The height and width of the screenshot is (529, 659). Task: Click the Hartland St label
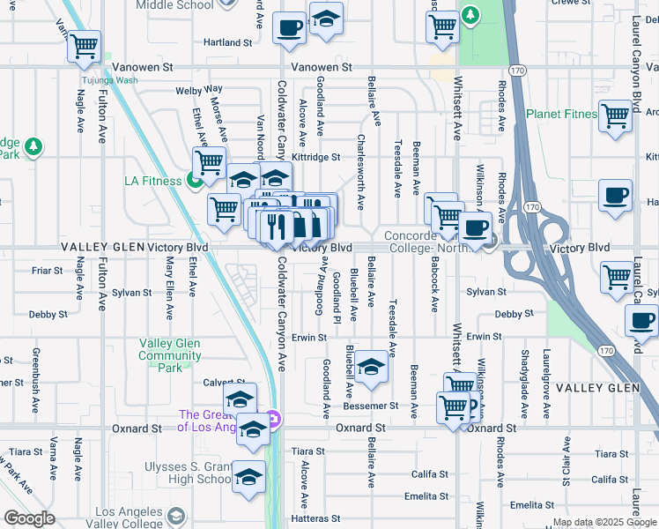(221, 42)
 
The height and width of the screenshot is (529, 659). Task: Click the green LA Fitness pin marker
(194, 182)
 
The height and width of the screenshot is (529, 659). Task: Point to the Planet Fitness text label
(560, 115)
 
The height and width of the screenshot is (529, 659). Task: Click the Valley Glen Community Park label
(169, 350)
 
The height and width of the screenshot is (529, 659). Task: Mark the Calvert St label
(218, 382)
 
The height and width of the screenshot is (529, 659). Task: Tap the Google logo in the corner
(30, 518)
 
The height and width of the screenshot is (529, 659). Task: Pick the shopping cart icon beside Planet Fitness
(614, 116)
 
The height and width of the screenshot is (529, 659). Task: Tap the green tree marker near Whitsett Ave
(470, 15)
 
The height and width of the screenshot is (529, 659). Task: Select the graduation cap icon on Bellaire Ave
(372, 367)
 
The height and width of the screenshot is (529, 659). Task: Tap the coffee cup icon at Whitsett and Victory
(475, 228)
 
